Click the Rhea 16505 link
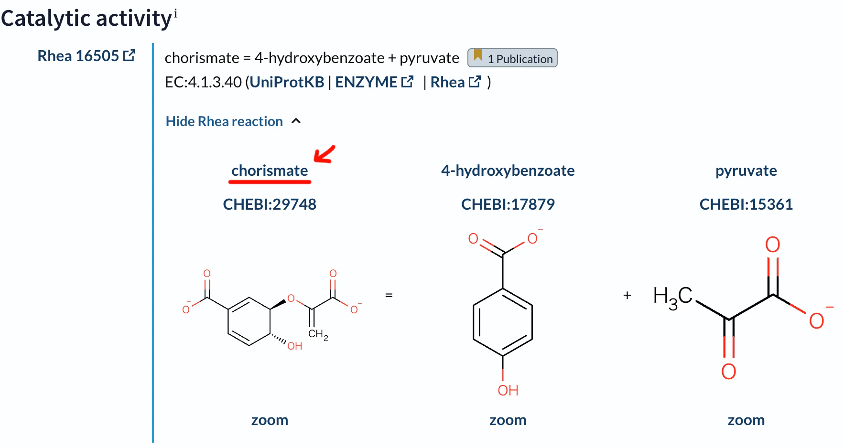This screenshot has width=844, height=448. point(87,56)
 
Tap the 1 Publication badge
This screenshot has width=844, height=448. point(512,58)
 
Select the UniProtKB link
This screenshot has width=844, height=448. point(287,82)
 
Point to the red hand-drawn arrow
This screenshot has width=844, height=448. point(325,154)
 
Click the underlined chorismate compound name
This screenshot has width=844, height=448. point(270,171)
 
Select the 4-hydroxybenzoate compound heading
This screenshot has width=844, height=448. point(508,171)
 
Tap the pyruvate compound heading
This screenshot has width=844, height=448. point(746,171)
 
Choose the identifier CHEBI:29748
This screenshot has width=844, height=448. point(270,204)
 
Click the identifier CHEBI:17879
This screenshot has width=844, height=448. point(508,204)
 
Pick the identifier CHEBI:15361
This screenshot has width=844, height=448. point(746,204)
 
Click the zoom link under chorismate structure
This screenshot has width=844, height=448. point(270,420)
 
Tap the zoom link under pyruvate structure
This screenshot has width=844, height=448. point(746,420)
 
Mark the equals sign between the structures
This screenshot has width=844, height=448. point(389,295)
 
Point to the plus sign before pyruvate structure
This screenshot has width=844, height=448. point(627,295)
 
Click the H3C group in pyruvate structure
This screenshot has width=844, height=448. point(673,297)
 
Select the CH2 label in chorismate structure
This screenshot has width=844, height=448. point(318,334)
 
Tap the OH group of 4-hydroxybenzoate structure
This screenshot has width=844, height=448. point(508,390)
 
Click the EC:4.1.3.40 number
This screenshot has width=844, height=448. point(203,82)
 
